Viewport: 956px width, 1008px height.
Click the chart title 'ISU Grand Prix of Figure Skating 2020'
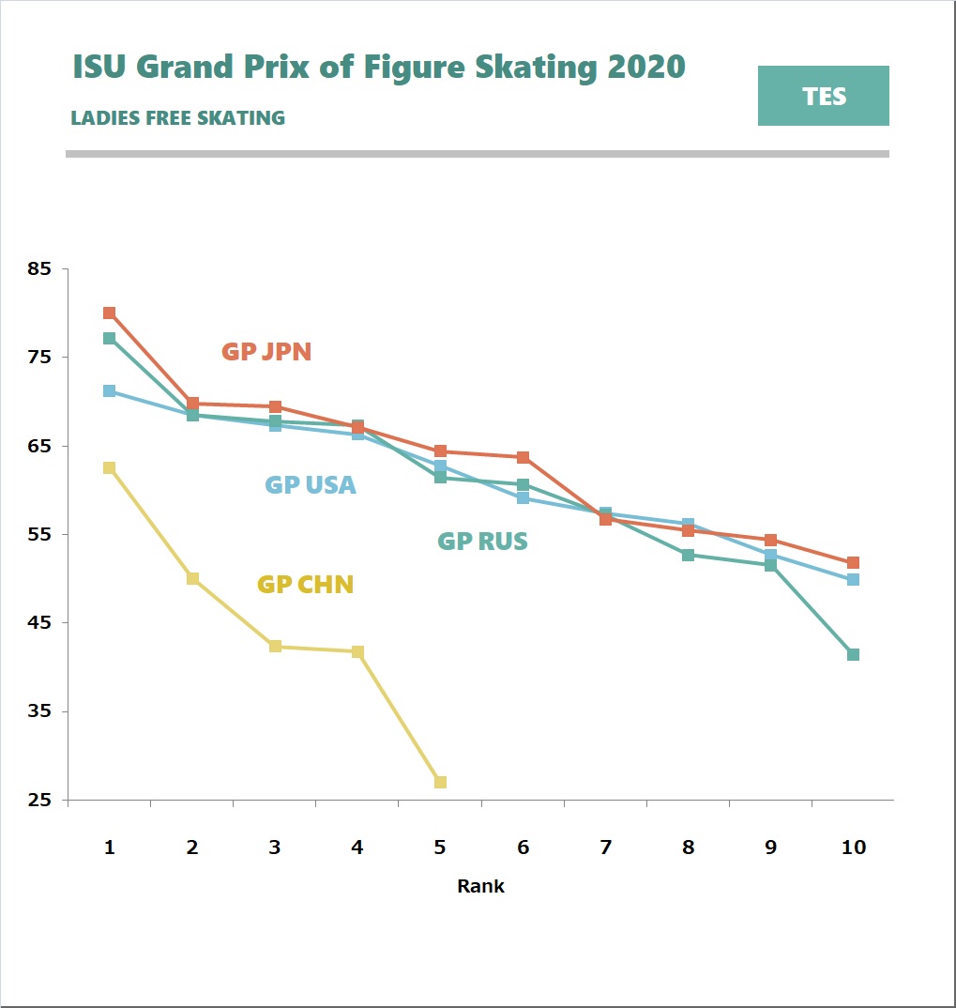(379, 68)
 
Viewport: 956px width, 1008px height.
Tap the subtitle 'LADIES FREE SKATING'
(178, 118)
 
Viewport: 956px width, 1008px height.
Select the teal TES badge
(823, 96)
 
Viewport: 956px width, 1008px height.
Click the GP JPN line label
(266, 352)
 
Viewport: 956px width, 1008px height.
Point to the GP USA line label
(311, 485)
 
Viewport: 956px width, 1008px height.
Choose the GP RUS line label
(482, 542)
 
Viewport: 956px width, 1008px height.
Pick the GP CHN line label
(305, 585)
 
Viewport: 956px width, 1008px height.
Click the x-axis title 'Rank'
(480, 886)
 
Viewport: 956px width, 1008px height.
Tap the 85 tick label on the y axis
(39, 269)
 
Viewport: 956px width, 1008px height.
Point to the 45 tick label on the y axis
(39, 623)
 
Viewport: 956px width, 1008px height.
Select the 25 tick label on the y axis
(39, 801)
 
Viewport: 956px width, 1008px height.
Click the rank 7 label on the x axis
(605, 848)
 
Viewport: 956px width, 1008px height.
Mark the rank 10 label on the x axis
(853, 848)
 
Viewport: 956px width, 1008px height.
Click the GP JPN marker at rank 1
(109, 313)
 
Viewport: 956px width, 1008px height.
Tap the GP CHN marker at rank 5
(440, 782)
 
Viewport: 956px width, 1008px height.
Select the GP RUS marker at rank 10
(853, 654)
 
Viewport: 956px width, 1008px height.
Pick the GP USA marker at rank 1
(109, 390)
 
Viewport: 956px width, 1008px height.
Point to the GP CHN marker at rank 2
(192, 578)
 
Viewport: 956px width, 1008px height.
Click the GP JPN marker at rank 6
(523, 457)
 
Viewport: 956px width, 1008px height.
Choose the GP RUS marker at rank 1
(109, 338)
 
